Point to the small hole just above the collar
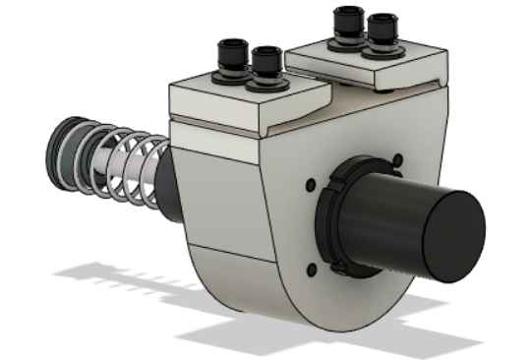(x=396, y=159)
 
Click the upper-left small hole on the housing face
(x=310, y=183)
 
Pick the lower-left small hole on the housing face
(x=312, y=268)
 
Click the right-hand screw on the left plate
(x=266, y=66)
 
